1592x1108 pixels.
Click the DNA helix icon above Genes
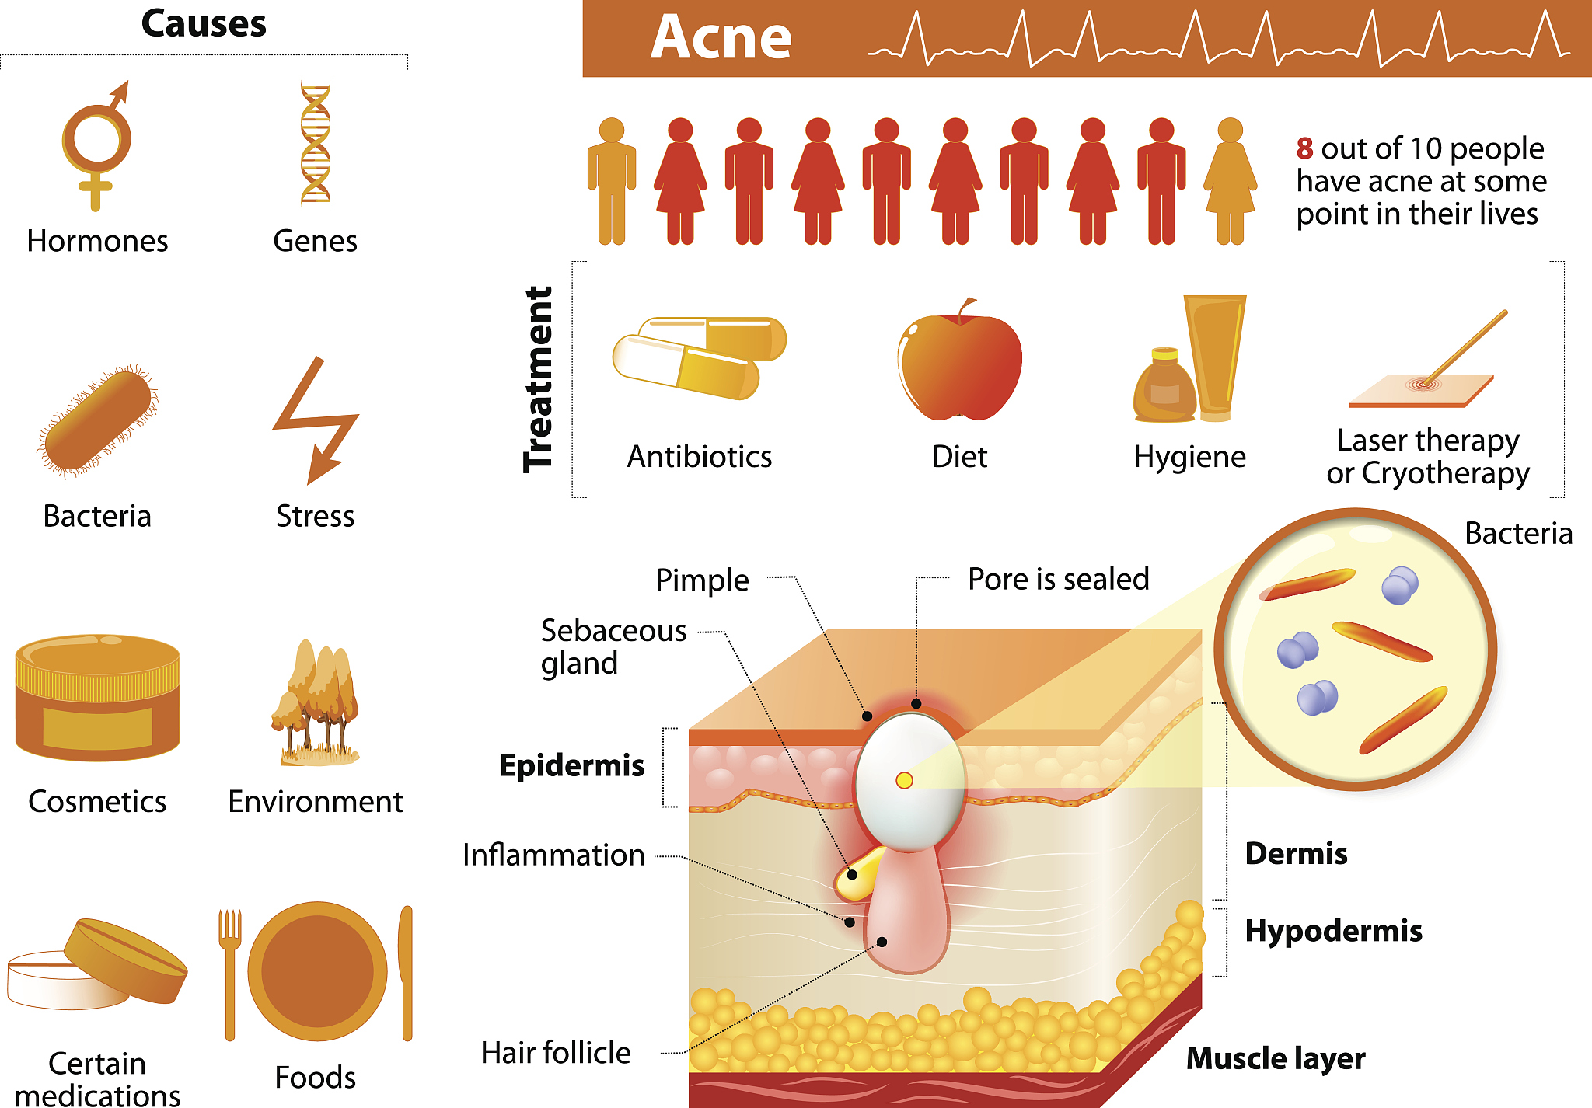pyautogui.click(x=316, y=144)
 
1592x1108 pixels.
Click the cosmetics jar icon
pyautogui.click(x=97, y=697)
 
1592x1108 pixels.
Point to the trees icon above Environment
pyautogui.click(x=315, y=703)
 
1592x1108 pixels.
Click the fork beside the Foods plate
pyautogui.click(x=230, y=971)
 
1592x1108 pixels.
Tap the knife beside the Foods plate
pyautogui.click(x=407, y=971)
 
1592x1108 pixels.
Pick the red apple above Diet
pyautogui.click(x=960, y=361)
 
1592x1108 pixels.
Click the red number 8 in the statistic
pyautogui.click(x=1304, y=148)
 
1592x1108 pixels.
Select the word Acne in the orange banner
pyautogui.click(x=721, y=38)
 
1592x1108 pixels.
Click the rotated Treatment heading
pyautogui.click(x=538, y=379)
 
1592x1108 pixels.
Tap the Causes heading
pyautogui.click(x=204, y=23)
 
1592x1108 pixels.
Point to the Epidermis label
pyautogui.click(x=572, y=765)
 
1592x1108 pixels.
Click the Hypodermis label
pyautogui.click(x=1333, y=931)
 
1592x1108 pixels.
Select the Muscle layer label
pyautogui.click(x=1276, y=1058)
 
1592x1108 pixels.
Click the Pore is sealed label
pyautogui.click(x=1058, y=579)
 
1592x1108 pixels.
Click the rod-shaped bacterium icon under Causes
pyautogui.click(x=98, y=420)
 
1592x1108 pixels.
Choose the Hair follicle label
pyautogui.click(x=556, y=1053)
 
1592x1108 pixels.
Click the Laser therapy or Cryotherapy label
pyautogui.click(x=1428, y=456)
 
